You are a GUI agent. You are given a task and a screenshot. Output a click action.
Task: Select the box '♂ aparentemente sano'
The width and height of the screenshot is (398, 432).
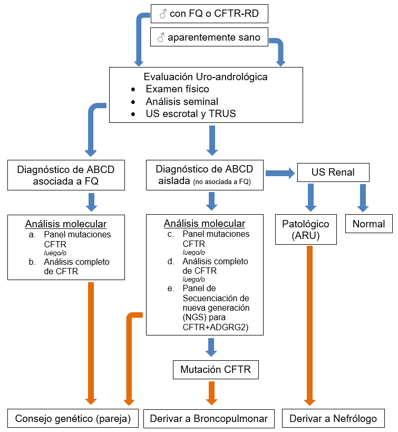pos(209,38)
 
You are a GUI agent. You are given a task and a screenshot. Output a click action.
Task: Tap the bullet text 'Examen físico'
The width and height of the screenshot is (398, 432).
pos(177,89)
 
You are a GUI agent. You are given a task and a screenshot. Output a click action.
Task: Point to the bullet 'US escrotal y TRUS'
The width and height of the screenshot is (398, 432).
pos(191,113)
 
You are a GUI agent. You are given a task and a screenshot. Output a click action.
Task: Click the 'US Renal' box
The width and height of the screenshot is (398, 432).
pos(333,172)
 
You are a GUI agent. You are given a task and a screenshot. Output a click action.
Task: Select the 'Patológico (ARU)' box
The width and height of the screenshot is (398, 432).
pos(306,229)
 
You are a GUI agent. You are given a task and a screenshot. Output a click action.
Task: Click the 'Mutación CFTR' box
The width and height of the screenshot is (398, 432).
pos(216,370)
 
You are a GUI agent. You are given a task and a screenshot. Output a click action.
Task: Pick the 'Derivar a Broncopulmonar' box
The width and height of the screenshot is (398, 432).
pos(209,418)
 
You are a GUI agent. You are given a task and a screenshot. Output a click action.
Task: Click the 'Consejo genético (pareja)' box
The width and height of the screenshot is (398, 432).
pos(73,418)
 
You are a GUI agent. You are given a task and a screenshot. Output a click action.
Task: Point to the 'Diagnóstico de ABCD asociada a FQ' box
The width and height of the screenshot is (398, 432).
pos(66,175)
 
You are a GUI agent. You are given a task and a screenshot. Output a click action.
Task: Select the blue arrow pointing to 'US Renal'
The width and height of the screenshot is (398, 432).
pos(280,172)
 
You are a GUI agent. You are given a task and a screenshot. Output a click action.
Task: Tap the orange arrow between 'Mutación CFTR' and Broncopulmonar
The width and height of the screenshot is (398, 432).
pos(212,392)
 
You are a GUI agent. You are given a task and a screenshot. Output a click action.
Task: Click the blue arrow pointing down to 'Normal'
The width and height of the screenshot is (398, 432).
pos(362,198)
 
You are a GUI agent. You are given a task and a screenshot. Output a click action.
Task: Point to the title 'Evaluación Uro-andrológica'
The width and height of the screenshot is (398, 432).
pos(206,76)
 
